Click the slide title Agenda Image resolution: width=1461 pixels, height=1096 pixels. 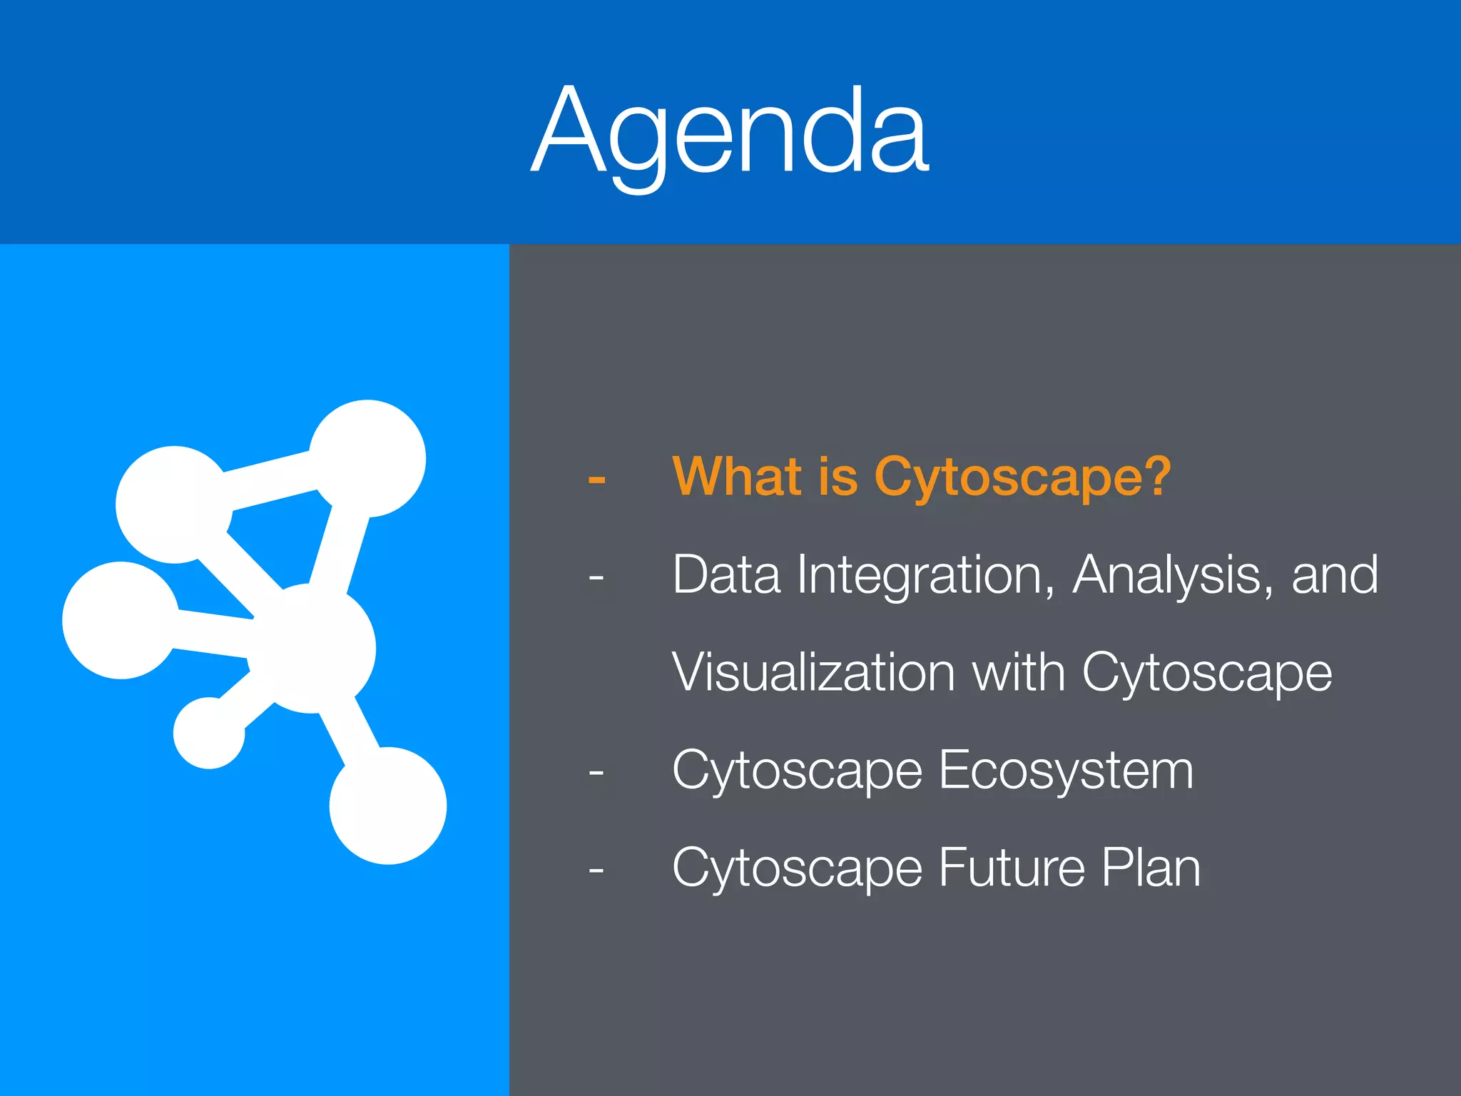click(730, 132)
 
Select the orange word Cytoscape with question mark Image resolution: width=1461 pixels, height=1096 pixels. click(1022, 478)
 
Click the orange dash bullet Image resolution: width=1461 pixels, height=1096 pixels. click(596, 479)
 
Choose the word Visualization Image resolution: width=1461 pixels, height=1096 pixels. click(813, 672)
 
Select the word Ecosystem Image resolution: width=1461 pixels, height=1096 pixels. click(1066, 771)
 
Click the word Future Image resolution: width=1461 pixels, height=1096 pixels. click(1012, 868)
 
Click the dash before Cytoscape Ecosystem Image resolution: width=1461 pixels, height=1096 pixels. click(596, 772)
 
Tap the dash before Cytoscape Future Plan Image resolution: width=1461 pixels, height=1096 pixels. click(596, 870)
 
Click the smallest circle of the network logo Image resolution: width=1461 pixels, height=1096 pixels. click(209, 733)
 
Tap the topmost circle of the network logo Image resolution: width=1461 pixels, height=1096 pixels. click(367, 458)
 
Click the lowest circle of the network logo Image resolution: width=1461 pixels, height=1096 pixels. click(387, 806)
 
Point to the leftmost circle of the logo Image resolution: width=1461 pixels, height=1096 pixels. click(121, 620)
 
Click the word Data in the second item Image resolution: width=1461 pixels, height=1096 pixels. click(726, 574)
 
